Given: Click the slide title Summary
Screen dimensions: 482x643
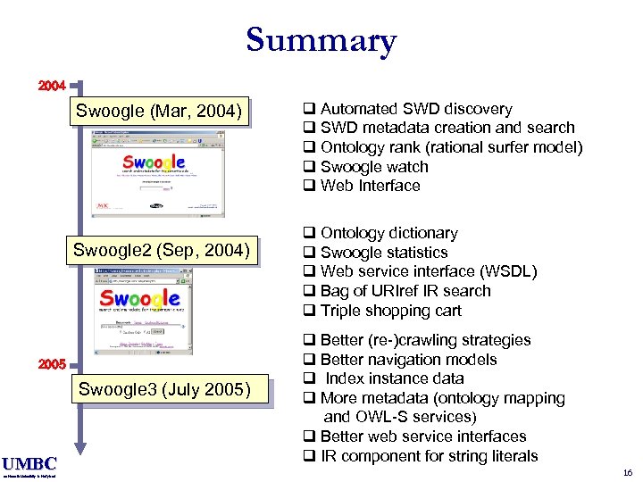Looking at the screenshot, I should point(321,40).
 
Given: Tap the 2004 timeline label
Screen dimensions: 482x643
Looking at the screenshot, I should point(51,87).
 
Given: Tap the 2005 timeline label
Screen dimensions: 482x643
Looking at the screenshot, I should point(51,364).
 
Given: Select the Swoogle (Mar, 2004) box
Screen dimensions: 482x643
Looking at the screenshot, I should point(159,112).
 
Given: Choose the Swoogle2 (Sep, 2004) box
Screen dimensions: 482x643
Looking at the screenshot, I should point(162,250).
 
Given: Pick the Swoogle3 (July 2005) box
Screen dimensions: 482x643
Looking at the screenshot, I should point(163,389).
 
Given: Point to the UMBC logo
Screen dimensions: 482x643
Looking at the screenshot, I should point(29,464).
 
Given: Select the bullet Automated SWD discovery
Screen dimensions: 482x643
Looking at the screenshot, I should point(415,109).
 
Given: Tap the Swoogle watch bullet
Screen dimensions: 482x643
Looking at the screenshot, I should point(373,167).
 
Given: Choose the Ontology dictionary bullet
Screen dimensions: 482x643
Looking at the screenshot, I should point(388,233).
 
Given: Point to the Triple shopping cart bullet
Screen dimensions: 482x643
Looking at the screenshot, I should point(390,311).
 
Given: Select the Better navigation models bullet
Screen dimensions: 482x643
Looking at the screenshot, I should point(408,360).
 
